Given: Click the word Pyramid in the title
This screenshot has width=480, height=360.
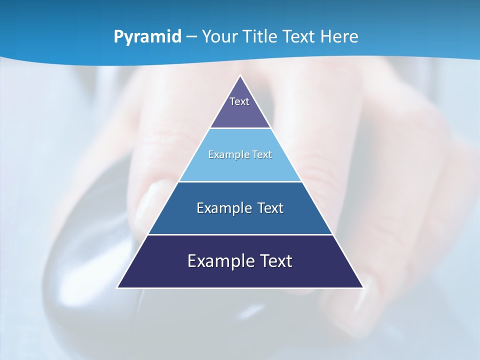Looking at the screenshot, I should pos(147,37).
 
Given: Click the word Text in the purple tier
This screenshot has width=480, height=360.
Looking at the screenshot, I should pos(239,101).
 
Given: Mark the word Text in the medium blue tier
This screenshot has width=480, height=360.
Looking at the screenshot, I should pos(270,208).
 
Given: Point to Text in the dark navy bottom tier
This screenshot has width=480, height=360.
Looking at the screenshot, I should pos(275,261).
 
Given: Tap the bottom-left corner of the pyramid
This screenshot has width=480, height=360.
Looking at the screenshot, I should pos(118,287).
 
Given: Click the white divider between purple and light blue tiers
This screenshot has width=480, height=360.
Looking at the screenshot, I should pos(240,128).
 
